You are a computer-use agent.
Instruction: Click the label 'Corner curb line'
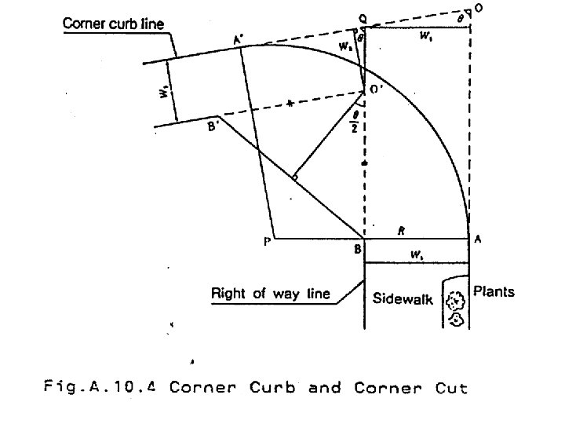coord(113,24)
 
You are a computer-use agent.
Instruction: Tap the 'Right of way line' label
coord(271,294)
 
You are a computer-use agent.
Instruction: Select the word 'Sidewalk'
coord(403,299)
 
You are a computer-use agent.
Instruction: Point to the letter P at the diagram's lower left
coord(267,243)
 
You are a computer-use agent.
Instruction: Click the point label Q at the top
coord(363,16)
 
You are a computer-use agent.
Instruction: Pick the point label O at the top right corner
coord(479,8)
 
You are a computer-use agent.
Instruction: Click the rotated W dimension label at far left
coord(162,91)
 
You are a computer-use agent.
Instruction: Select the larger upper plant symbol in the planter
coord(455,300)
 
